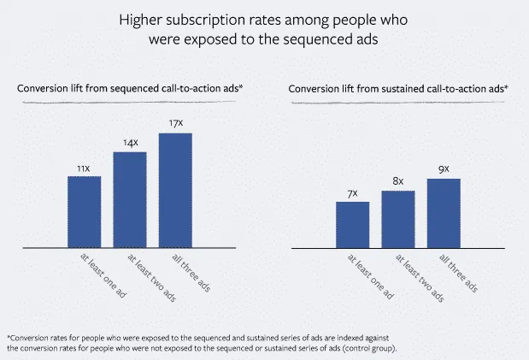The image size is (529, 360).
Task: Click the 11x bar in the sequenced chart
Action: (85, 212)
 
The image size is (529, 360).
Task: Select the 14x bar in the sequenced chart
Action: (130, 200)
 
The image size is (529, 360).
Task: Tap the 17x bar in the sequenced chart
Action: (175, 191)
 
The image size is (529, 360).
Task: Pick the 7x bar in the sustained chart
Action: (352, 225)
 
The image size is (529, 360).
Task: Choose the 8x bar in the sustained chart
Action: (397, 220)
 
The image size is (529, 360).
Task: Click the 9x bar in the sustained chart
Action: (444, 214)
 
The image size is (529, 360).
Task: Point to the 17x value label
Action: (175, 124)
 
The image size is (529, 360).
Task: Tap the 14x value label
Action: (130, 143)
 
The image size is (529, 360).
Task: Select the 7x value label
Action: (352, 192)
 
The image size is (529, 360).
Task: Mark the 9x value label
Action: (444, 169)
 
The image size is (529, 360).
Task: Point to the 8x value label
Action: (397, 181)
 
